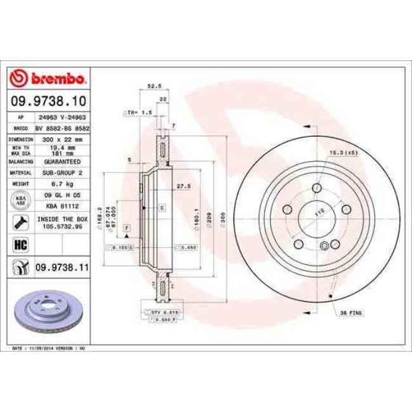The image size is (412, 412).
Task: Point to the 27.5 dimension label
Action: [183, 186]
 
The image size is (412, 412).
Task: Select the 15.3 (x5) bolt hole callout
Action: [342, 152]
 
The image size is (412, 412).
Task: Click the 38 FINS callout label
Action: [352, 313]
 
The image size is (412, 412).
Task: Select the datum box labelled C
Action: [162, 208]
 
